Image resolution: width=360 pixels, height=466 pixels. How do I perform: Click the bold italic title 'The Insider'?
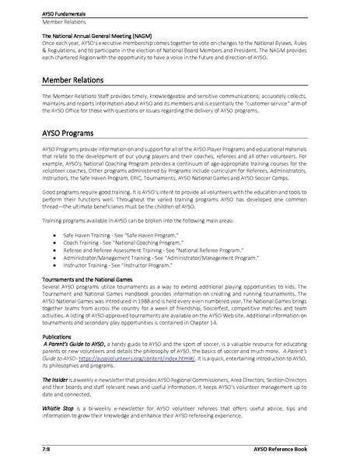(56, 382)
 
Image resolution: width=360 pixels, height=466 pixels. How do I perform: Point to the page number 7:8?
(47, 450)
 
